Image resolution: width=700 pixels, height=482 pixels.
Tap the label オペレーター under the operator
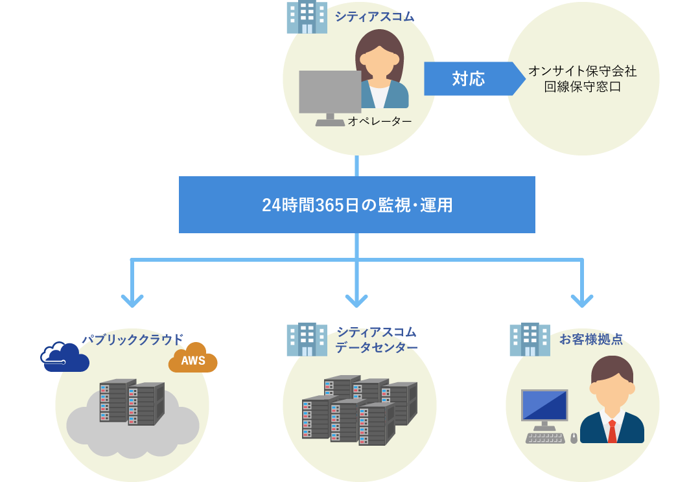click(x=380, y=121)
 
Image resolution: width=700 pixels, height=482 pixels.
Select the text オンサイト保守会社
click(x=582, y=71)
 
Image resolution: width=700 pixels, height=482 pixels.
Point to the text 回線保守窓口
click(x=582, y=86)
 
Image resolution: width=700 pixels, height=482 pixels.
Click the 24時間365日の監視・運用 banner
click(x=356, y=205)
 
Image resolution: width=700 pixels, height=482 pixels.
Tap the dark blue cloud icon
click(x=64, y=357)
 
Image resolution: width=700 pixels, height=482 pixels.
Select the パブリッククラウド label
click(x=132, y=339)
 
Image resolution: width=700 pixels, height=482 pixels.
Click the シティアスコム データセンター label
click(x=376, y=339)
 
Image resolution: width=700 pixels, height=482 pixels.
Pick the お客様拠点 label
click(x=590, y=339)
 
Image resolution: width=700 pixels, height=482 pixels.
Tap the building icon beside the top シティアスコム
click(x=307, y=17)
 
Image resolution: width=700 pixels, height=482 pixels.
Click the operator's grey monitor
click(x=330, y=93)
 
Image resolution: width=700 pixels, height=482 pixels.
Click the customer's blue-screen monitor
click(x=544, y=406)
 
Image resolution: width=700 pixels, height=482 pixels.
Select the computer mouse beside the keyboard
click(x=574, y=439)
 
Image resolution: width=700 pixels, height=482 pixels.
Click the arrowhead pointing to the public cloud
click(x=132, y=301)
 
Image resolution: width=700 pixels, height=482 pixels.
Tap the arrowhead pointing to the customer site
click(x=582, y=301)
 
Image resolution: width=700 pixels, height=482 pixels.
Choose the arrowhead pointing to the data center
click(x=356, y=301)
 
